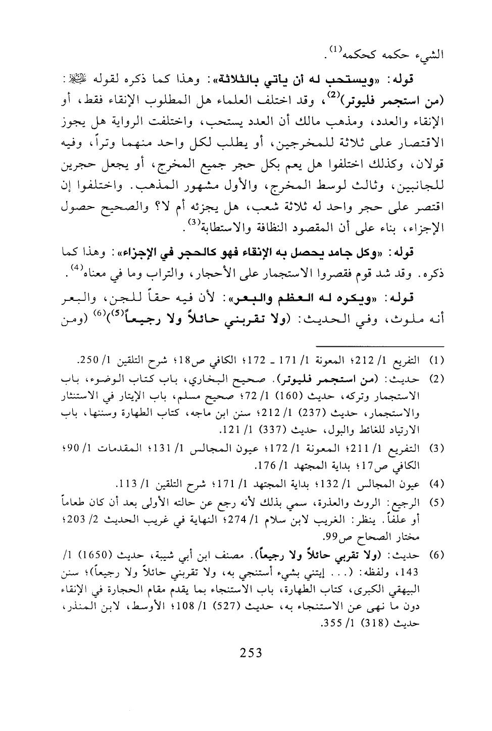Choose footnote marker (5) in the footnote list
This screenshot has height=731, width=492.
point(435,502)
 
